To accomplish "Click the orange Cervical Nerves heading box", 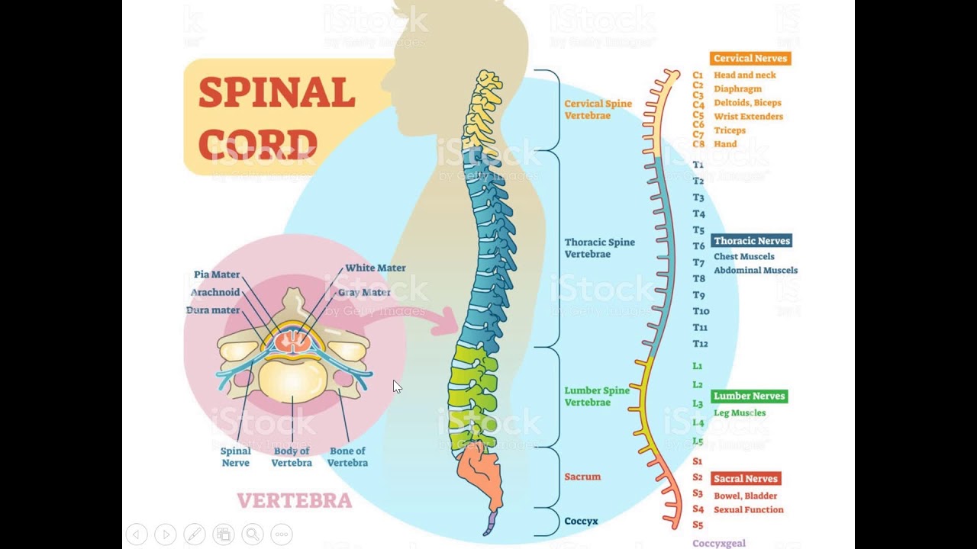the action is (x=750, y=59).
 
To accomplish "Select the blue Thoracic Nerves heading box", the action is (x=752, y=241).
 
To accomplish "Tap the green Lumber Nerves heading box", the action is (x=750, y=396).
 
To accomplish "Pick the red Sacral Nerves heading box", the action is (x=746, y=478).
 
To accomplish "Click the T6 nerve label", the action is (x=698, y=246).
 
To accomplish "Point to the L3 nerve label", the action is (x=698, y=403).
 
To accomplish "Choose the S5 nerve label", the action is (x=698, y=525).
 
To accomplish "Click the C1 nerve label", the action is (x=698, y=75).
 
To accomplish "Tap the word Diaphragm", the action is (x=738, y=89).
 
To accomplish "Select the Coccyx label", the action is (x=581, y=521).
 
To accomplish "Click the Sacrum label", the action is (x=582, y=477).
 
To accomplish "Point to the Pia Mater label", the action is (x=217, y=274).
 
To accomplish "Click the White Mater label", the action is (x=376, y=268).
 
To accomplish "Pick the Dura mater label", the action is (x=213, y=310).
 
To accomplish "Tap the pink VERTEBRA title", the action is (x=295, y=501).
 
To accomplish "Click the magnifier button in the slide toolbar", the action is (x=253, y=535).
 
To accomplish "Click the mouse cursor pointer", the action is (x=397, y=387).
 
